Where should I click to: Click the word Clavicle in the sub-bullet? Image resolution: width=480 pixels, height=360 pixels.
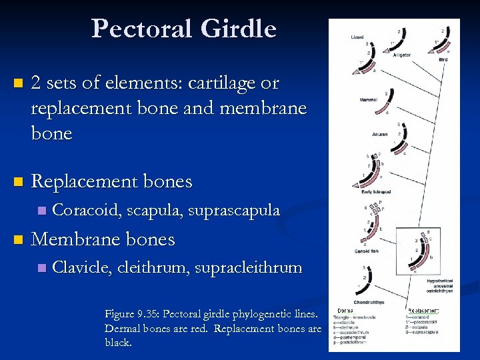(x=82, y=268)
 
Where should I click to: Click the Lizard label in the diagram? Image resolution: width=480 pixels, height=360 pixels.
(x=357, y=38)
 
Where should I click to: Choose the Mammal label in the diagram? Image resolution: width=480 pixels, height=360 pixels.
(x=367, y=100)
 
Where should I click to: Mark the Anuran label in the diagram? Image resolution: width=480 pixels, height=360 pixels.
(x=380, y=134)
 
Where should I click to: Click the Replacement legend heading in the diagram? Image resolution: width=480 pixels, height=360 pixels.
(x=424, y=311)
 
